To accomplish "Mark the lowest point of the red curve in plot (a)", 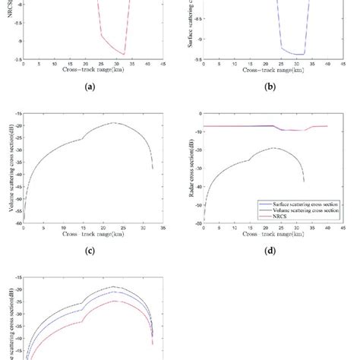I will (125, 54).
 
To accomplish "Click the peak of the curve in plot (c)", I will (115, 123).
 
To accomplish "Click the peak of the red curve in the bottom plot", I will (115, 301).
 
